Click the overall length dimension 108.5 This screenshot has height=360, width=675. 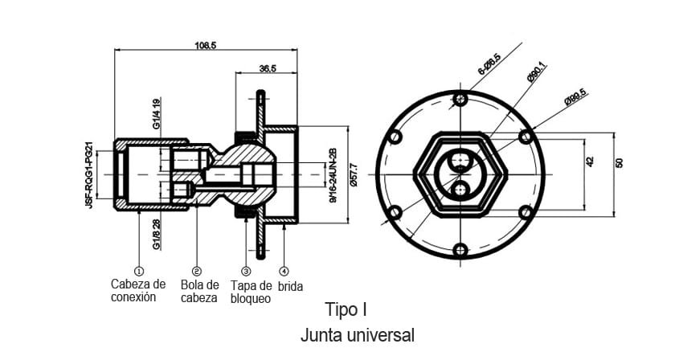point(206,46)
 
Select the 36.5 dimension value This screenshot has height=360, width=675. point(268,69)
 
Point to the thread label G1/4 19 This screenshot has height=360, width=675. point(157,113)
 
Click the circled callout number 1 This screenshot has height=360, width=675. point(138,271)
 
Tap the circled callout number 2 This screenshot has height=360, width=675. point(197,271)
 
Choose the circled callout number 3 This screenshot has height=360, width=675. point(246,271)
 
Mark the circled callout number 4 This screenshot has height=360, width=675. point(285,271)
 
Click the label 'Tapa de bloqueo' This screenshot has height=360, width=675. point(251,292)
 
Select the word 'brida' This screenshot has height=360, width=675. point(291,285)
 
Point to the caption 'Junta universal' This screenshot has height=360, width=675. point(358,333)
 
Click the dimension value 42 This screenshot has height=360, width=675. point(590,162)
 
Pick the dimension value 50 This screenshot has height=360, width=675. point(619,162)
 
